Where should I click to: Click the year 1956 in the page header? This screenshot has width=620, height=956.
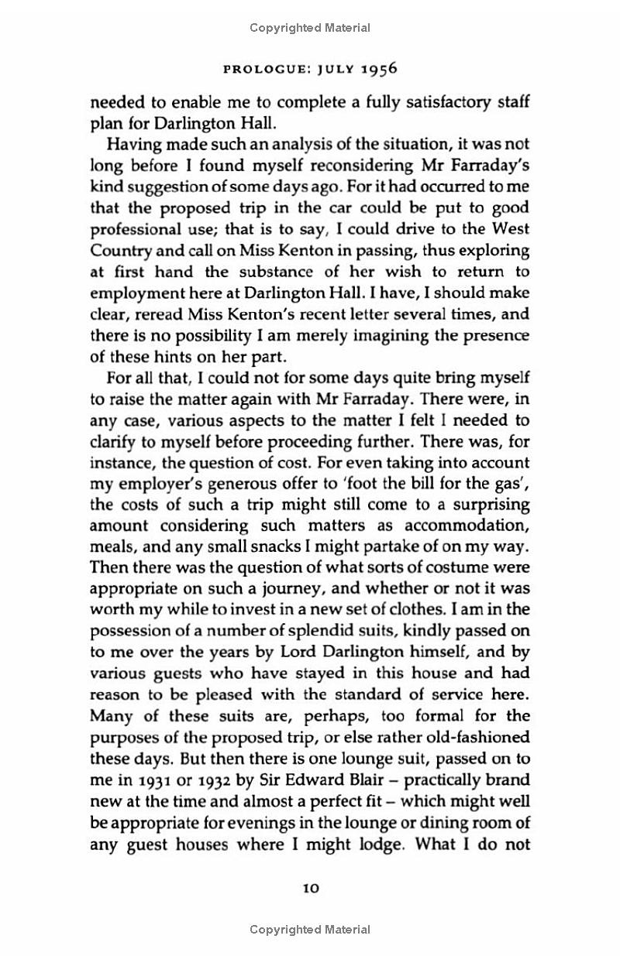(380, 68)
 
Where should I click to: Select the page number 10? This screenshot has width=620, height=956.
(310, 889)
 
